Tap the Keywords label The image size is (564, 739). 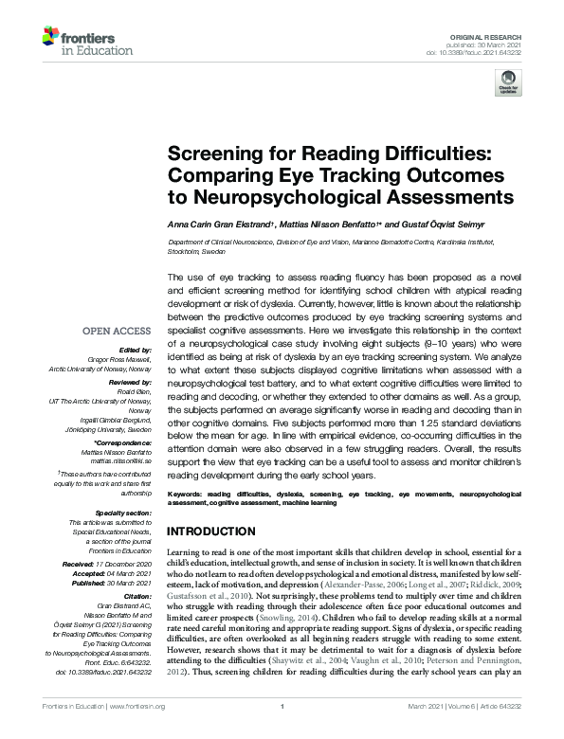point(187,495)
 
